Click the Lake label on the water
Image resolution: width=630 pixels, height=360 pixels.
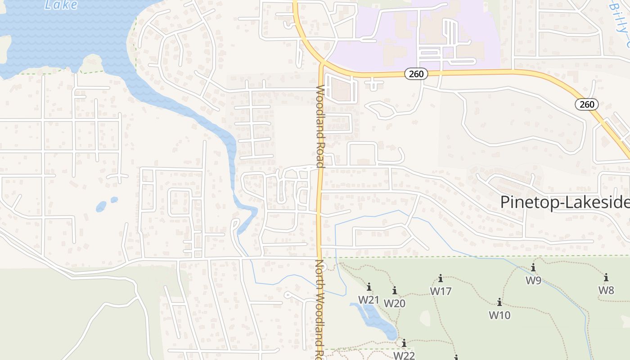[x=61, y=5]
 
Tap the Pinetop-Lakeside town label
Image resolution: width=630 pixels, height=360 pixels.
[x=565, y=202]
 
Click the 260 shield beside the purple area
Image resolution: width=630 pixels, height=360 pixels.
[x=416, y=74]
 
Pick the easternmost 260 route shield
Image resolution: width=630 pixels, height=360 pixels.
[x=587, y=104]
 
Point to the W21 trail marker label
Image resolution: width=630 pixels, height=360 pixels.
[x=369, y=299]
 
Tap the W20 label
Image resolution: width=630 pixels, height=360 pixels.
[x=395, y=303]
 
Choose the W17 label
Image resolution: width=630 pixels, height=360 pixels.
[x=441, y=292]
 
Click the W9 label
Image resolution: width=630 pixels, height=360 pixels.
[x=533, y=280]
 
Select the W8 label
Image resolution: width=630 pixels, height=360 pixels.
[x=606, y=290]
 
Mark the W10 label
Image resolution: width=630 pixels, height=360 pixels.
[x=499, y=315]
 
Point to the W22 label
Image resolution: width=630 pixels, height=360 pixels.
[x=404, y=355]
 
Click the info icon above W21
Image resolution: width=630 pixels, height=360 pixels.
[x=369, y=287]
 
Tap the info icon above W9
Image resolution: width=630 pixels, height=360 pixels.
[x=533, y=268]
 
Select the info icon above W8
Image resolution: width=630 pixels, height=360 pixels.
[x=606, y=277]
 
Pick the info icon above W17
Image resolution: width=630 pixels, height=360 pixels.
[x=441, y=279]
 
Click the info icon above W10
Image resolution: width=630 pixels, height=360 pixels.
[x=499, y=302]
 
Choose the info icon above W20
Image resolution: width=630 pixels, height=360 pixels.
[x=395, y=291]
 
